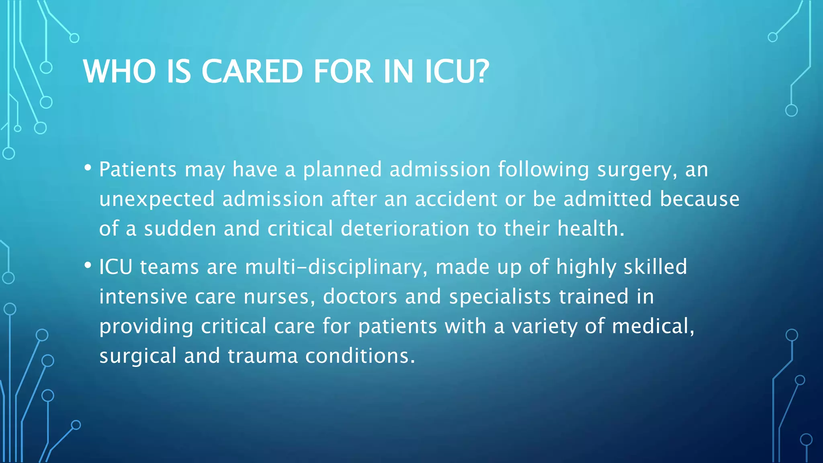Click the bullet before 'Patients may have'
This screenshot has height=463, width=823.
(x=88, y=167)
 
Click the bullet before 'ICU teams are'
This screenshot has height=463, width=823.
(x=88, y=265)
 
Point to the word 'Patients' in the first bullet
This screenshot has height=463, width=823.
(x=137, y=169)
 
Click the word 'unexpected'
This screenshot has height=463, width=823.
(x=157, y=199)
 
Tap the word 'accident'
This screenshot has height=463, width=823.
(x=456, y=199)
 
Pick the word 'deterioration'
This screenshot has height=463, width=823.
(x=405, y=228)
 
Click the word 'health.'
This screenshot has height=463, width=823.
(x=591, y=228)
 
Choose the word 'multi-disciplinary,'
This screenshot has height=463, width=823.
(x=336, y=267)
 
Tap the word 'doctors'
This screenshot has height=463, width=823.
(x=360, y=297)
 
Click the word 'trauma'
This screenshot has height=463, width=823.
(x=263, y=356)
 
